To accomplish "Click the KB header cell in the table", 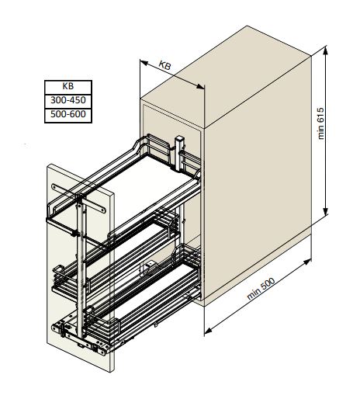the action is coord(68,87).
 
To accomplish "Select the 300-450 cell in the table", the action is coord(68,101).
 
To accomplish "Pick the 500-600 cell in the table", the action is coord(68,115).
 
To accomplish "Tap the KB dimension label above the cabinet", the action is coord(164,65).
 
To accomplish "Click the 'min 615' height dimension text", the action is coord(320,123).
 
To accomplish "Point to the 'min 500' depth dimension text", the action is coord(261,288).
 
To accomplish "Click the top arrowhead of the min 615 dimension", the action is coord(326,50).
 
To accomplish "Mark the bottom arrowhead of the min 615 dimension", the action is coord(326,211).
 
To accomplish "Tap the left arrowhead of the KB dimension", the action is coord(144,63).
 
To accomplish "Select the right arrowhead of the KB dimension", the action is coord(200,86).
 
